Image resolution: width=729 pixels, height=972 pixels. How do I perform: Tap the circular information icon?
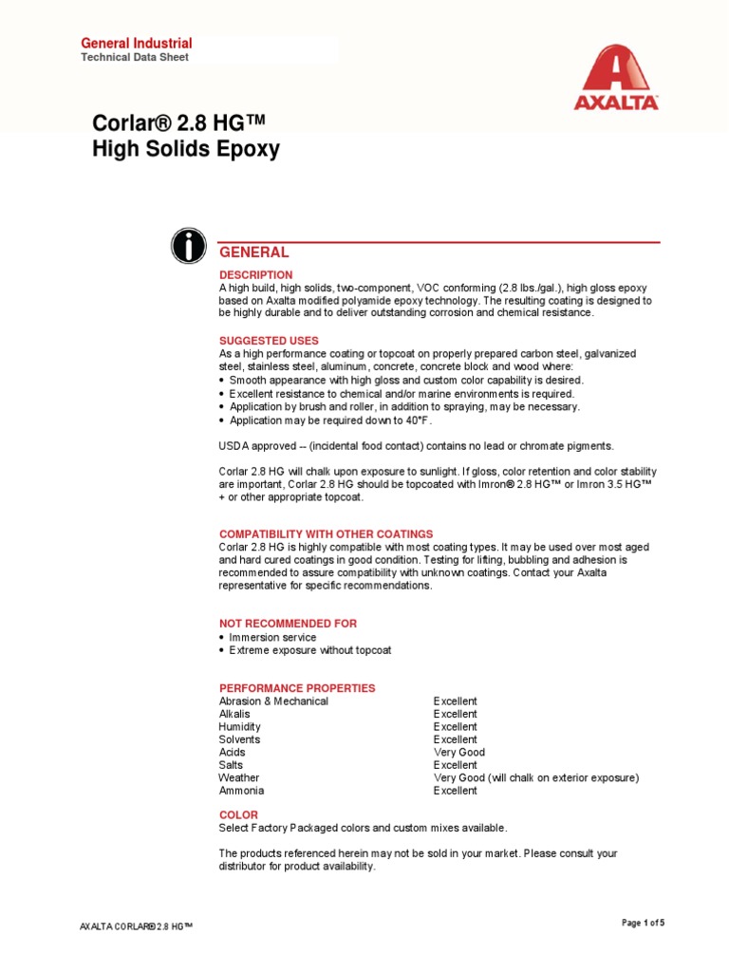pos(189,246)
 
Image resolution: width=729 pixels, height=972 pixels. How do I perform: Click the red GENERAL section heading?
pos(253,252)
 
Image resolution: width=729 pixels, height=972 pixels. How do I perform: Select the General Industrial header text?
pos(137,43)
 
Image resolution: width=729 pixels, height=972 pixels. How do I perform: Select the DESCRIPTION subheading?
pos(256,275)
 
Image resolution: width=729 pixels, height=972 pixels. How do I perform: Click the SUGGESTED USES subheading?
pos(269,341)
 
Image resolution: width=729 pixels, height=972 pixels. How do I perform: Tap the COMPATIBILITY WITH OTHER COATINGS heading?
pos(326,534)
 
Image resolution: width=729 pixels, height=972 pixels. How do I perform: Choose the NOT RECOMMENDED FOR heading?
pos(288,624)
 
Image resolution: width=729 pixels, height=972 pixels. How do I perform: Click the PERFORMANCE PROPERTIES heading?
pos(297,688)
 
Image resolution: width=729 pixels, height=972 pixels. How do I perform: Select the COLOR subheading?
pos(238,815)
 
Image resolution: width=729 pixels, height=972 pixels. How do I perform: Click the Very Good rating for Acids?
pos(459,753)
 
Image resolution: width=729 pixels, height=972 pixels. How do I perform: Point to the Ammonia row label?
pos(241,791)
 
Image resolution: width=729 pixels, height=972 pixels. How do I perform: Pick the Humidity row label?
pos(239,727)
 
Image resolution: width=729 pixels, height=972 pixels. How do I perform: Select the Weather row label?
pos(238,778)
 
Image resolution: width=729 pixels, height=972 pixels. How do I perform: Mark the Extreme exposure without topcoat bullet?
pos(309,650)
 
